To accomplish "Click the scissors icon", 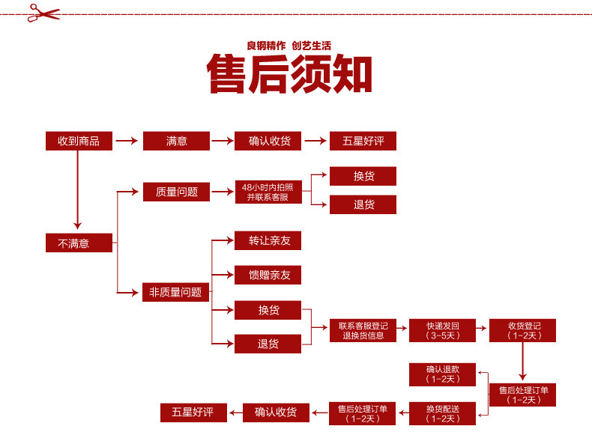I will point(43,12).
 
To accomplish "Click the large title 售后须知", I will point(290,74).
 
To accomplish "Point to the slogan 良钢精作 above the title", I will point(266,45).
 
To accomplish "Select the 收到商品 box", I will point(78,141).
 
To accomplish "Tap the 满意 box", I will point(176,141).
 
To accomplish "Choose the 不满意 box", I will point(78,243).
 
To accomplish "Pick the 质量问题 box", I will point(176,192).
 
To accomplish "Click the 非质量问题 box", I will point(176,293).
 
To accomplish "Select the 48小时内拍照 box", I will point(268,192).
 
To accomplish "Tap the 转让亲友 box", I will point(268,241).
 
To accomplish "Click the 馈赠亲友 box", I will point(268,276).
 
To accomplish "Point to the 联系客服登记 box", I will point(363,331).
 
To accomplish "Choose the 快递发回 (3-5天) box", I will point(442,331).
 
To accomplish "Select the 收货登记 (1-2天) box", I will point(522,331).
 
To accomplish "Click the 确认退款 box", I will point(442,374).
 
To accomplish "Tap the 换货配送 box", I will point(442,413).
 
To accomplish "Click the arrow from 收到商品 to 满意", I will point(127,141).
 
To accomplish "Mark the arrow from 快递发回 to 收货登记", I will point(482,330).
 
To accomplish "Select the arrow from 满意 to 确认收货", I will point(222,141).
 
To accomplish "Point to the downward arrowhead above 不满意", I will point(77,224).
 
